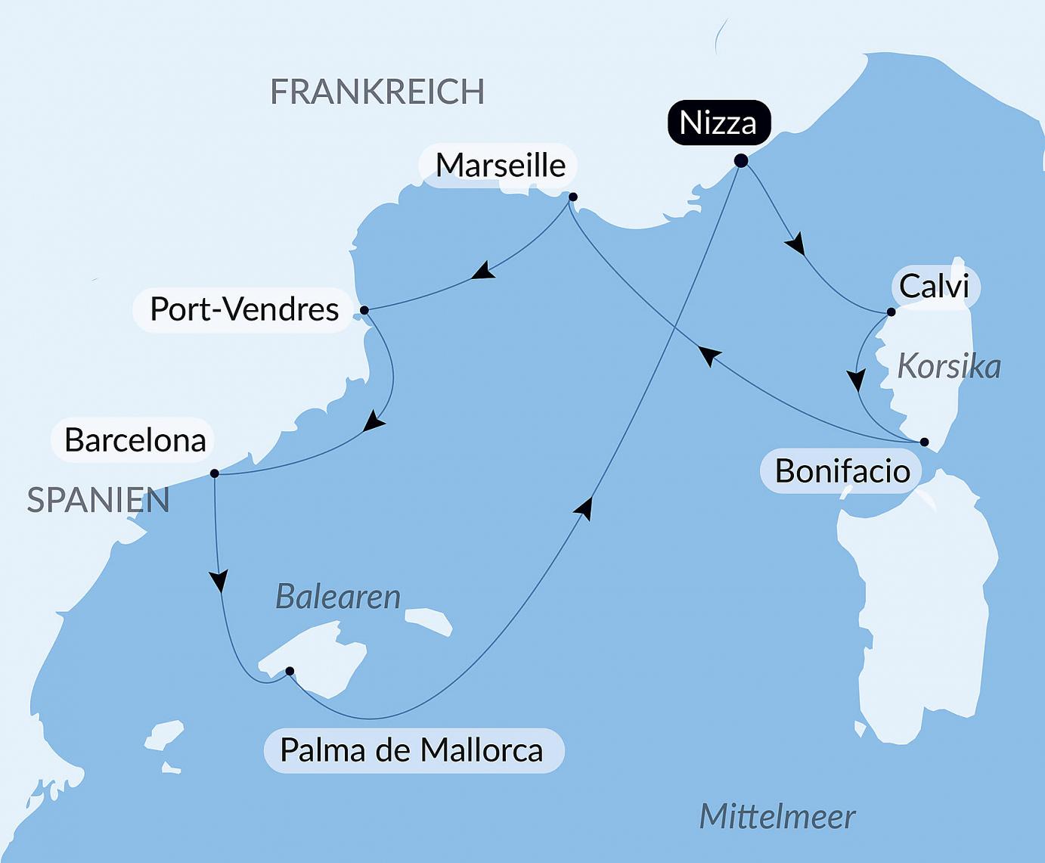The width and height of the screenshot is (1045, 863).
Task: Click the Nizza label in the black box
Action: [x=718, y=123]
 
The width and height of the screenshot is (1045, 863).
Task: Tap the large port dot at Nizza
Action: [x=741, y=160]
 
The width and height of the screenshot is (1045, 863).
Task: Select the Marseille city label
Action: [x=501, y=165]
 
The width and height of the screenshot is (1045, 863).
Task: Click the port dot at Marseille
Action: [x=572, y=197]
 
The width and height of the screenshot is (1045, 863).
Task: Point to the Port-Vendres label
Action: [x=243, y=309]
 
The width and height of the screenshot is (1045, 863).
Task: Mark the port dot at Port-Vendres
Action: [x=364, y=310]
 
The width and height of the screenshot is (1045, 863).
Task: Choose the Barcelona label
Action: [x=135, y=440]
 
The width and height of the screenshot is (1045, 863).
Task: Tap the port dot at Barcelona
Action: [x=214, y=473]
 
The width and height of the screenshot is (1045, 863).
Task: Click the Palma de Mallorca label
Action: [x=412, y=750]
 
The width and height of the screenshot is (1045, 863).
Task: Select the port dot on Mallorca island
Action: [x=290, y=671]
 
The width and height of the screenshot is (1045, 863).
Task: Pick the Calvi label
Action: [x=934, y=287]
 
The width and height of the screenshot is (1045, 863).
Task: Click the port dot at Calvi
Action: [x=891, y=312]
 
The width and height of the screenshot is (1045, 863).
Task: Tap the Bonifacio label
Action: [x=842, y=471]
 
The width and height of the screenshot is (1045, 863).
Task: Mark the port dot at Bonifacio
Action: [x=924, y=442]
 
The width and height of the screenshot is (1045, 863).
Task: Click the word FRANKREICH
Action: [x=377, y=92]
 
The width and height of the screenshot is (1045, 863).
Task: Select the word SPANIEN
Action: [x=98, y=501]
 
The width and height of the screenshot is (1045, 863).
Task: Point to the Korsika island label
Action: [x=949, y=367]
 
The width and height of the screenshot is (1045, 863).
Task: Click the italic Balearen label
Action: [x=338, y=597]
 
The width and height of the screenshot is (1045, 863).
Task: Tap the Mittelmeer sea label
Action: [x=777, y=817]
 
